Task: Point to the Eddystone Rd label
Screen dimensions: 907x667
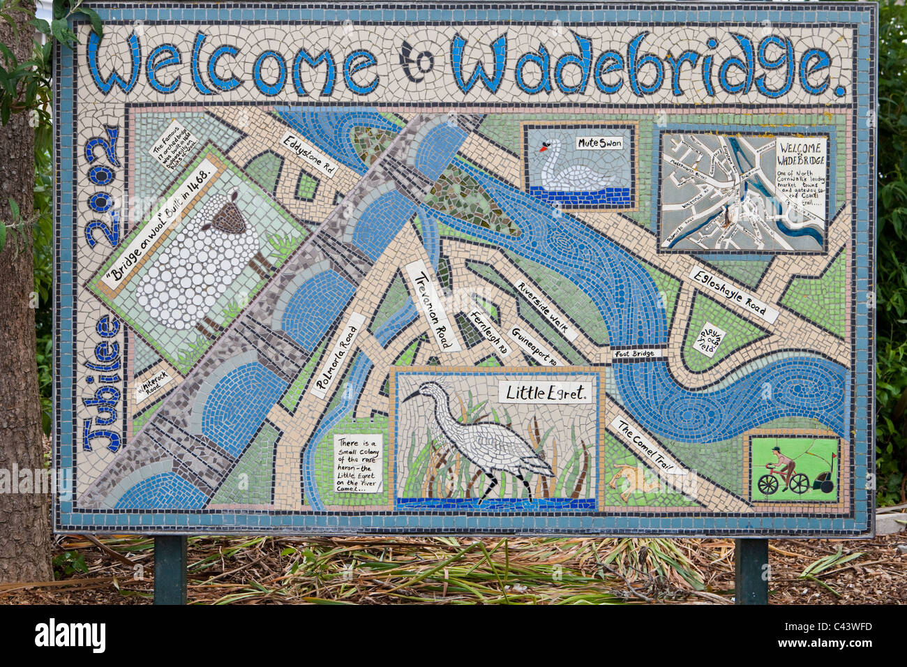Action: (x=309, y=155)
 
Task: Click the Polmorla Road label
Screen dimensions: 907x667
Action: (x=338, y=356)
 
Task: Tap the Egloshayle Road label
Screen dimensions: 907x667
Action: (x=733, y=295)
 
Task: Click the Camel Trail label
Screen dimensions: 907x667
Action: (x=648, y=446)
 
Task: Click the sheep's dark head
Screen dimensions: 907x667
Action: (x=227, y=218)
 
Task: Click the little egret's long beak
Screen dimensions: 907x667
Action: (x=412, y=396)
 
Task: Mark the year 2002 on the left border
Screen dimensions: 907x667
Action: (x=101, y=186)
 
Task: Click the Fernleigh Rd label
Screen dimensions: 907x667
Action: (x=489, y=333)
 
